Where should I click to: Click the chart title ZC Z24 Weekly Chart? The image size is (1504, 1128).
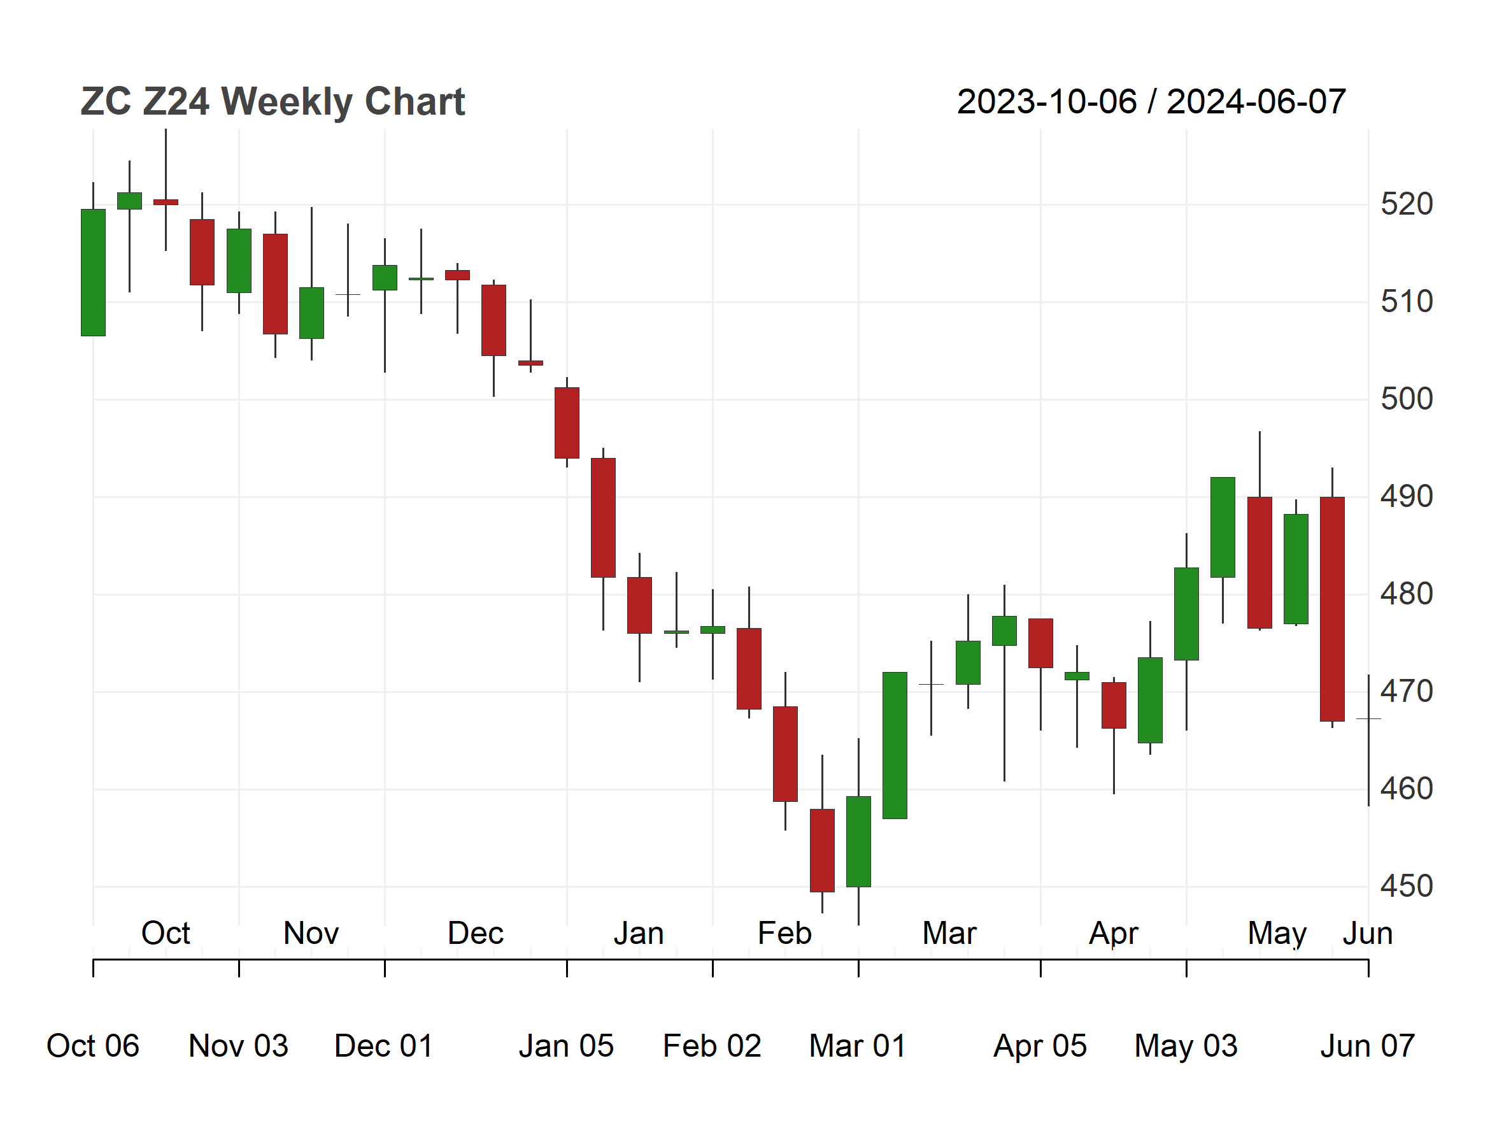(x=273, y=102)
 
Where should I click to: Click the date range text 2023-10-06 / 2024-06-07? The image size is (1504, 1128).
(x=1151, y=102)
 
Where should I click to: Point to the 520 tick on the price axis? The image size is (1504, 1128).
(x=1406, y=204)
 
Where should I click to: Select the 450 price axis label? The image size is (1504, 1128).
(x=1406, y=886)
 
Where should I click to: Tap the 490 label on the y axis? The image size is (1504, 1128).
(x=1406, y=496)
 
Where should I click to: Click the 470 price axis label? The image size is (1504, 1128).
(x=1406, y=692)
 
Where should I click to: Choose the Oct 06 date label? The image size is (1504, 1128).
(x=92, y=1046)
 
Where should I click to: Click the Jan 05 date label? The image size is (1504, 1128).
(x=566, y=1046)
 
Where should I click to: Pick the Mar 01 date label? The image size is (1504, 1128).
(x=858, y=1046)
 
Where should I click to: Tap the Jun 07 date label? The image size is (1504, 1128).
(x=1367, y=1046)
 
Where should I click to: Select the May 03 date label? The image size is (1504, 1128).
(x=1186, y=1046)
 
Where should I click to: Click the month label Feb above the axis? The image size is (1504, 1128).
(x=784, y=933)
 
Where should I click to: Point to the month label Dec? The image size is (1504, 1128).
(x=475, y=933)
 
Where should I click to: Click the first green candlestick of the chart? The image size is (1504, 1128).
(x=93, y=272)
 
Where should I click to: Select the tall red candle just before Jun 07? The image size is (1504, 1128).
(x=1332, y=608)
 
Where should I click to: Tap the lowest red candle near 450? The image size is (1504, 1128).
(x=822, y=850)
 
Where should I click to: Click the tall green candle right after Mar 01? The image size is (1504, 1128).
(x=895, y=745)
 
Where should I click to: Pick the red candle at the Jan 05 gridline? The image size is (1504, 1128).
(x=567, y=423)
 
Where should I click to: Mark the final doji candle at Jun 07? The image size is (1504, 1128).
(x=1368, y=718)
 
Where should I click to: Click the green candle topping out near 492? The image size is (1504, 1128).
(x=1223, y=527)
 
